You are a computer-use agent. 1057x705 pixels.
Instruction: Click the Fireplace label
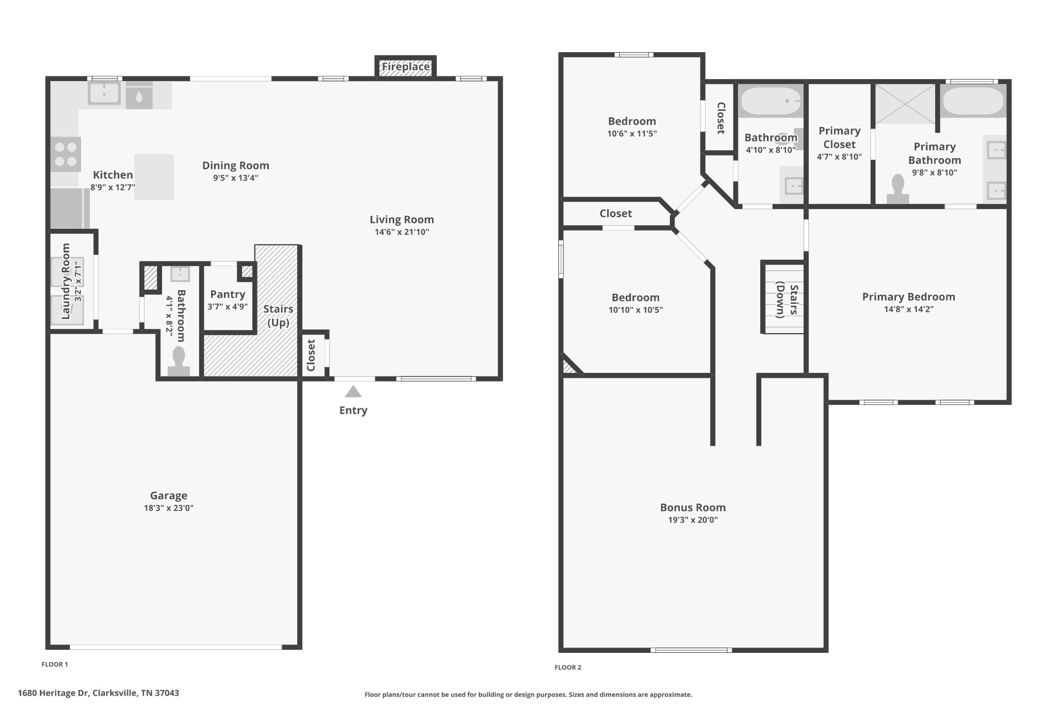click(x=405, y=67)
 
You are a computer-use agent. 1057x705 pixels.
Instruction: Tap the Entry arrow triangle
click(x=353, y=392)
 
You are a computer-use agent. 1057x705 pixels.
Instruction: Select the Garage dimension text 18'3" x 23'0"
click(x=169, y=508)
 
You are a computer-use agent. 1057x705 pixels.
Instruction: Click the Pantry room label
click(x=228, y=294)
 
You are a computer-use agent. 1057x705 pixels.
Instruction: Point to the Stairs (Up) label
click(x=278, y=316)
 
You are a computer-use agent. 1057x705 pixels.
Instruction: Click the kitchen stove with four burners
click(x=66, y=154)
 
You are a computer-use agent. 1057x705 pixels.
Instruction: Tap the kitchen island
click(x=154, y=177)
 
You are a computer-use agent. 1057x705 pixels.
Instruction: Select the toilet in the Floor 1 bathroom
click(x=179, y=361)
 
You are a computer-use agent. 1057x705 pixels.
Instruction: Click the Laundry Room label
click(x=66, y=281)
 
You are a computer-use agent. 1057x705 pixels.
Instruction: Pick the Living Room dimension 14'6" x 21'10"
click(x=402, y=232)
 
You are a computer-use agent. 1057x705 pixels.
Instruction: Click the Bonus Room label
click(x=693, y=508)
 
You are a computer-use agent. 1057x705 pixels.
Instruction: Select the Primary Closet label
click(x=839, y=138)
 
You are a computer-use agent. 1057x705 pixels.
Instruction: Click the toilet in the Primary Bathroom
click(x=898, y=189)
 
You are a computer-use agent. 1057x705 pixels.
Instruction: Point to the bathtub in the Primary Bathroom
click(x=973, y=101)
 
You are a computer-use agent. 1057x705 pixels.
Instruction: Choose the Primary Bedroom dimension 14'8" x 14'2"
click(x=908, y=309)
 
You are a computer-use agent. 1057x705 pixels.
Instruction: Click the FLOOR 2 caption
click(x=568, y=667)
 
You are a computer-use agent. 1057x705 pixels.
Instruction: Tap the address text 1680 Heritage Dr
click(x=98, y=693)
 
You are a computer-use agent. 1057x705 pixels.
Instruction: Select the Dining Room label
click(x=235, y=166)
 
